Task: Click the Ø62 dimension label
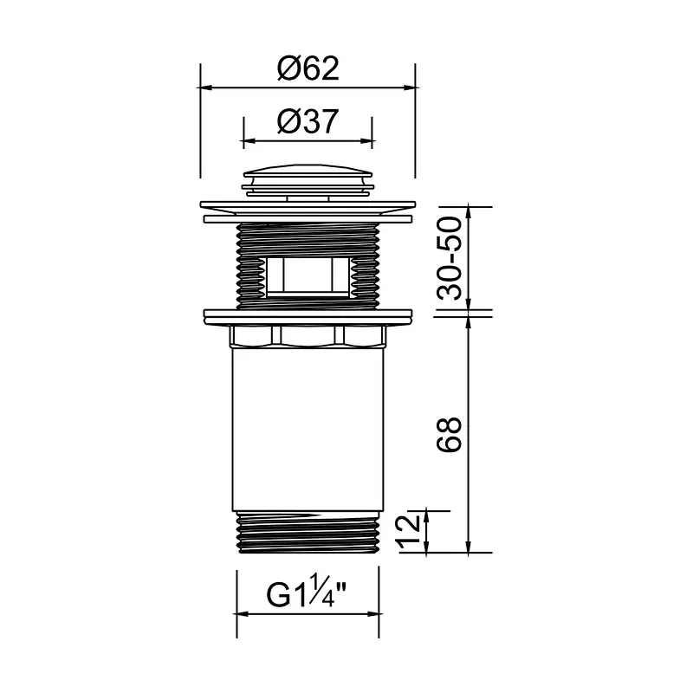[308, 68]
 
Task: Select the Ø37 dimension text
[308, 121]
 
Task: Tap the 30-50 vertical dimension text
[449, 258]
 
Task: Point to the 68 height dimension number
[449, 434]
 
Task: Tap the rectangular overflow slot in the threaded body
[308, 275]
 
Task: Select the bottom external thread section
[308, 532]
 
